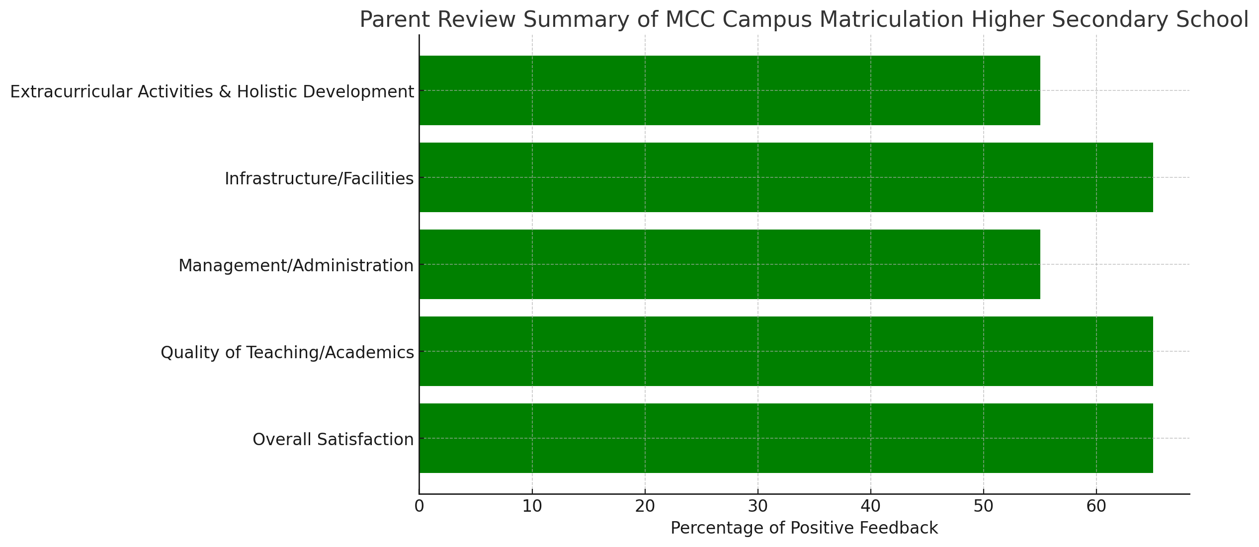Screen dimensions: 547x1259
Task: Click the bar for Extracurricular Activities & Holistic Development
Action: pyautogui.click(x=730, y=90)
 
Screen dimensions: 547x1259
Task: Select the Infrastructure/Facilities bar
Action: pyautogui.click(x=786, y=177)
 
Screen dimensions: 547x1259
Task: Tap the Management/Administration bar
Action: pyautogui.click(x=730, y=264)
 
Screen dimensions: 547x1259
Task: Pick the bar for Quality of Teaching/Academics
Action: pyautogui.click(x=786, y=351)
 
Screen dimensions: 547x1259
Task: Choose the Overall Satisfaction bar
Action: pyautogui.click(x=786, y=438)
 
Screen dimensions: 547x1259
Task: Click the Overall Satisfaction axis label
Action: pyautogui.click(x=333, y=440)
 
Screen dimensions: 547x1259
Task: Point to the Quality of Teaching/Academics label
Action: pyautogui.click(x=287, y=353)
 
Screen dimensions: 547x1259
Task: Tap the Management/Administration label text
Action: pyautogui.click(x=296, y=266)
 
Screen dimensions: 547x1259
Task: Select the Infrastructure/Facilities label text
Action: pyautogui.click(x=319, y=179)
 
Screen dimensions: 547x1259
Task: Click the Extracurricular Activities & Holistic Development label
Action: pyautogui.click(x=212, y=92)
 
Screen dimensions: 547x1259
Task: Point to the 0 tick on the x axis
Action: pyautogui.click(x=420, y=506)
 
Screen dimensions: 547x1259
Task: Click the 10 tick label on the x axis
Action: pyautogui.click(x=532, y=506)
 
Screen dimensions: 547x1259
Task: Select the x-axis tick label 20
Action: pyautogui.click(x=645, y=506)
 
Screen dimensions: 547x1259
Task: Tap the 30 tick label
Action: pyautogui.click(x=758, y=506)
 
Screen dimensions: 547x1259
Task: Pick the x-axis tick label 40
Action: pyautogui.click(x=871, y=506)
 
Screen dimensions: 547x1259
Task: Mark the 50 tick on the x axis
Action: pyautogui.click(x=983, y=506)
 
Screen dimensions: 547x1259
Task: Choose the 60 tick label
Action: pyautogui.click(x=1096, y=506)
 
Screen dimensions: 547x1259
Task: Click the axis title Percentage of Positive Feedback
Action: pyautogui.click(x=804, y=528)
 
